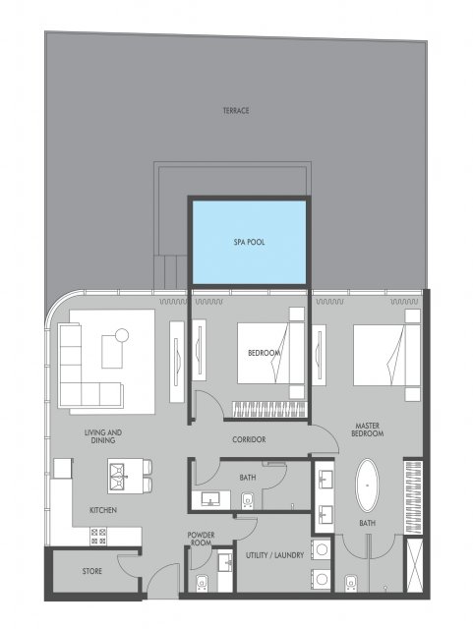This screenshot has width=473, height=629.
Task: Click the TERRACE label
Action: coord(236,110)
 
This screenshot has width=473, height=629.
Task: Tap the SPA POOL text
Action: coord(250,243)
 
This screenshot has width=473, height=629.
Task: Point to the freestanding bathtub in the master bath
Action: coord(367,485)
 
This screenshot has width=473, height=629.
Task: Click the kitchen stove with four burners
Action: coord(98,537)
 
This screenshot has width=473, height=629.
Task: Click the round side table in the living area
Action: coord(122,335)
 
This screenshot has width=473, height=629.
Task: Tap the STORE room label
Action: coord(92,571)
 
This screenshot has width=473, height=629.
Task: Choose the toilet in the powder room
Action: coord(202,583)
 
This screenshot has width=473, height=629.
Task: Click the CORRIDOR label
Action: coord(249,439)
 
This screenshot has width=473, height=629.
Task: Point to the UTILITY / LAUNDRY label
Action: coord(274,555)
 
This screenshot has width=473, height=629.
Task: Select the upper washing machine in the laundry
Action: coord(322,549)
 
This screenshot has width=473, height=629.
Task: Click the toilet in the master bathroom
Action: coord(351,583)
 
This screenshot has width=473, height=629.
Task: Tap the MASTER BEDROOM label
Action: coord(367,429)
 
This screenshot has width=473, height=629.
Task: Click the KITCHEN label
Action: coord(103,510)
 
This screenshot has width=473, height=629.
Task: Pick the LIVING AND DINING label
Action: coord(103,436)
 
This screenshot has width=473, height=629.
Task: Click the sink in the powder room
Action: coord(226,562)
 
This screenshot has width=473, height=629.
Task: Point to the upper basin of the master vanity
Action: coord(325,478)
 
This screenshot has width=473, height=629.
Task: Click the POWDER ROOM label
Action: coord(202,539)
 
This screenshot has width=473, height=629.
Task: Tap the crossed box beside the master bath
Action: coord(414,565)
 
